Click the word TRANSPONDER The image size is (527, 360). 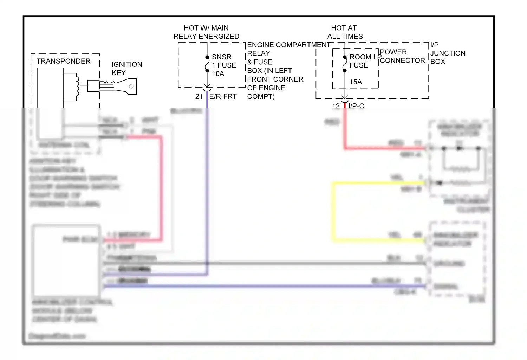point(63,61)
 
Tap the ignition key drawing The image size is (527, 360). point(118,86)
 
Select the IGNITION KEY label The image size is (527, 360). point(126,69)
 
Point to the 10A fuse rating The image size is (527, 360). point(218,74)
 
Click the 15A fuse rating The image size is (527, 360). point(356,82)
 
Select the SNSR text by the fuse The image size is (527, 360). point(221,57)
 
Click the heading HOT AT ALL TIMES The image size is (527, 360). point(345,32)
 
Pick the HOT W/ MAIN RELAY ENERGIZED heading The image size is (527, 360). point(206,32)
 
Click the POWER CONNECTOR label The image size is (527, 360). point(402,56)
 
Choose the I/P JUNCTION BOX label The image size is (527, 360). point(448,53)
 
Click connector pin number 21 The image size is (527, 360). point(199,96)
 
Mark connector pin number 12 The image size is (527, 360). point(336,105)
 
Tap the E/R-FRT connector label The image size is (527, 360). point(223,96)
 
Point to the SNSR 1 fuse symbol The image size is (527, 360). point(207,64)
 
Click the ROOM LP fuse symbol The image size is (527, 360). point(345,64)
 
